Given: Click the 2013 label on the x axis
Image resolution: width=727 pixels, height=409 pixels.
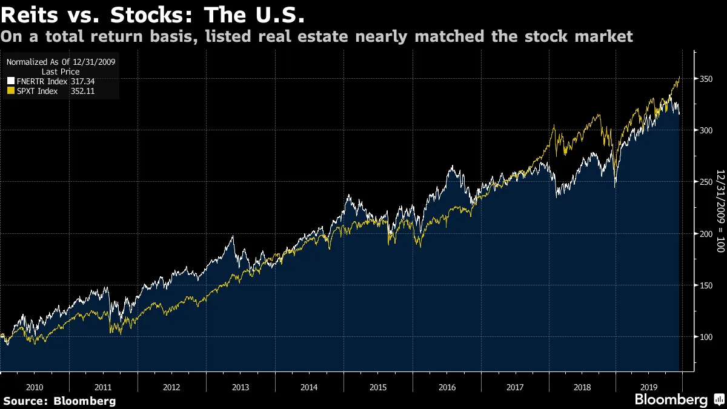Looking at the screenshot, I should (241, 387).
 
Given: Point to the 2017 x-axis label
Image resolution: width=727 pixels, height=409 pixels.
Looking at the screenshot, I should (516, 387).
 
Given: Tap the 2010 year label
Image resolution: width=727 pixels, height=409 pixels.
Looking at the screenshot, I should (34, 387).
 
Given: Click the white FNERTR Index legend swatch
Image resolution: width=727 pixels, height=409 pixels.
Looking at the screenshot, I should (10, 81).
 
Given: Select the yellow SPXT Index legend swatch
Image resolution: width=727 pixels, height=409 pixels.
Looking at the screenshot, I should (10, 91).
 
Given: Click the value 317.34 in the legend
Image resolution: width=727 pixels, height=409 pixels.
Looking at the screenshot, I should (83, 81).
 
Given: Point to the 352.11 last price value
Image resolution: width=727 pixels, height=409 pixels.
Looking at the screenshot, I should (83, 91).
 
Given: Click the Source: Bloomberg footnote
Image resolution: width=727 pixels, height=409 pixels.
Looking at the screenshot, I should (59, 401).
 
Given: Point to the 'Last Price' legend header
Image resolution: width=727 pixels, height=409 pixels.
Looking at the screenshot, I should (60, 71).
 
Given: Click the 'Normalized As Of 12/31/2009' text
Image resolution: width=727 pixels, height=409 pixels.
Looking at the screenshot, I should (61, 62).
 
